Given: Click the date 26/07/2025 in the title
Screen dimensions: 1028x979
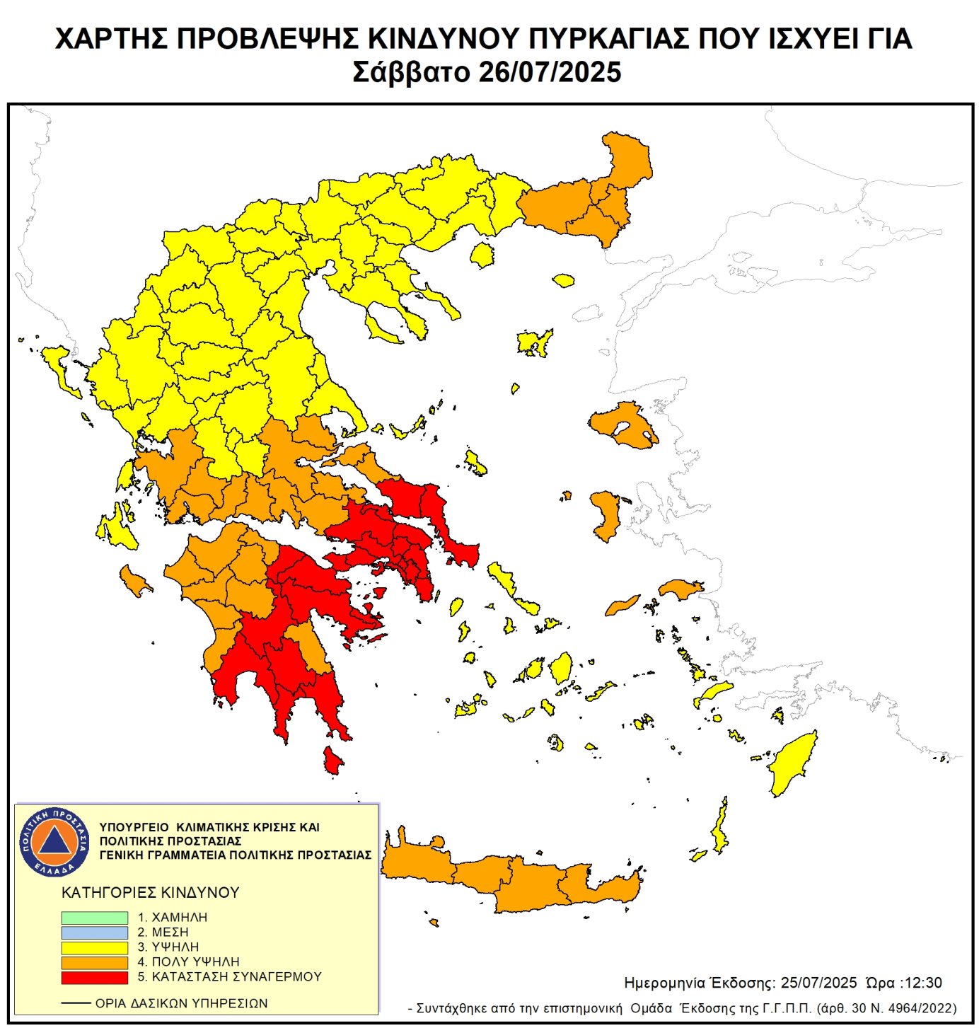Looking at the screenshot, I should (550, 72).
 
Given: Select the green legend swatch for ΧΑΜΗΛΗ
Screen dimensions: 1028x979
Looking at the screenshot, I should (94, 917).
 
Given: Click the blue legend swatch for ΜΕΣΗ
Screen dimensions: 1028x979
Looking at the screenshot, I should (94, 932).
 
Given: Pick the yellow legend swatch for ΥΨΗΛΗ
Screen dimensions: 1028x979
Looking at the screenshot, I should (94, 947).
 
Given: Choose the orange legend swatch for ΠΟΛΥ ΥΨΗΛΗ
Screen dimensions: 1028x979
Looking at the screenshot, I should (94, 962).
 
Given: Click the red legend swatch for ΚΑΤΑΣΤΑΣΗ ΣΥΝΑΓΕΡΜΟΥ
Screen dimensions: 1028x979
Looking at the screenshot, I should (94, 977).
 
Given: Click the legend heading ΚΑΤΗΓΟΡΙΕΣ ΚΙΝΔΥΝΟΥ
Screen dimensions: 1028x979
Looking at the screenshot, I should (151, 892).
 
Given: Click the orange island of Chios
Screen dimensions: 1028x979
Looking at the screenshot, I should (607, 514).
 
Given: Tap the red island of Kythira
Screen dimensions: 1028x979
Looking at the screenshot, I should (332, 761).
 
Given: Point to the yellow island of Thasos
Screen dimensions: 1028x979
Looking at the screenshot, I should (482, 255).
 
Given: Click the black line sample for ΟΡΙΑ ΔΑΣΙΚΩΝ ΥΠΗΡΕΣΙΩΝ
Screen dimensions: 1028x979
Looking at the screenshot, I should (76, 1003).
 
